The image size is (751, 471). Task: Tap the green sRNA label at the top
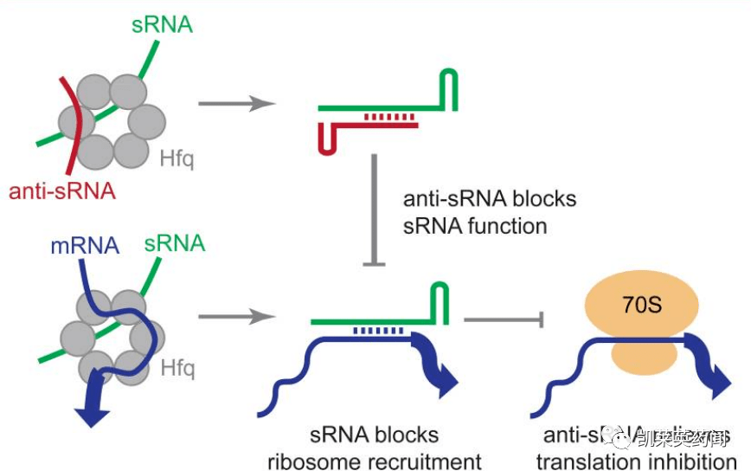pyautogui.click(x=162, y=23)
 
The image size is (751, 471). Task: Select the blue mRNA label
pyautogui.click(x=84, y=245)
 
